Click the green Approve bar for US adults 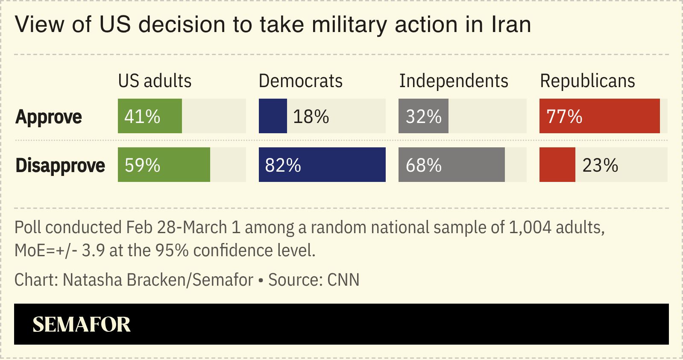point(150,116)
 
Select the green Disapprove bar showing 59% point(164,165)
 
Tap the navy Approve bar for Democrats point(273,116)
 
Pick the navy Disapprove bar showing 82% point(322,165)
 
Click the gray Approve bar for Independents point(423,116)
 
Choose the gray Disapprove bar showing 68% point(451,165)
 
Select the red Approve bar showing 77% point(599,116)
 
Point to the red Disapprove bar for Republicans point(557,165)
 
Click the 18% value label point(311,117)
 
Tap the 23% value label point(600,165)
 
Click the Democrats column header point(301,81)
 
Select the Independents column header point(454,81)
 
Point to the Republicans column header point(587,81)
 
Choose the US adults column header point(155,81)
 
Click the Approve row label point(49,117)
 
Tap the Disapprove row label point(60,165)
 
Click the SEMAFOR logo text point(82,325)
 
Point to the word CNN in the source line point(343,280)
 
